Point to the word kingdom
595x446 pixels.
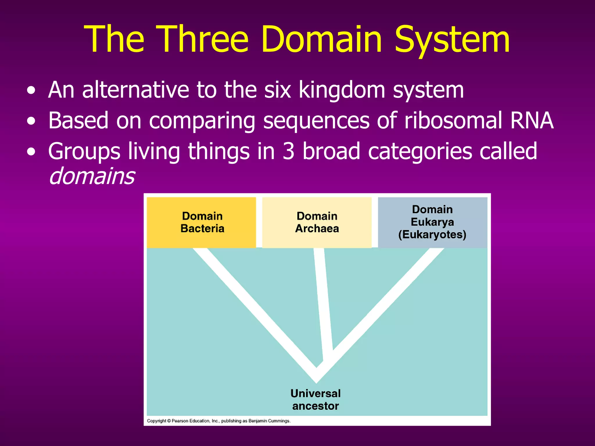click(342, 90)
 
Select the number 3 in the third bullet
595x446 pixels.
click(288, 151)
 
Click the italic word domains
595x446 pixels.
click(92, 176)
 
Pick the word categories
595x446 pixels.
click(420, 151)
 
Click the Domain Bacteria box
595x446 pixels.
click(201, 222)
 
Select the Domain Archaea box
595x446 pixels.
click(317, 222)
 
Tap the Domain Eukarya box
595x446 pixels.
click(432, 222)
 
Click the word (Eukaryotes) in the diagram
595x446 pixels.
click(432, 235)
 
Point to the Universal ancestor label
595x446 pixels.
click(316, 400)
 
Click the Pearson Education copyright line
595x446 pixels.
click(218, 421)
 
